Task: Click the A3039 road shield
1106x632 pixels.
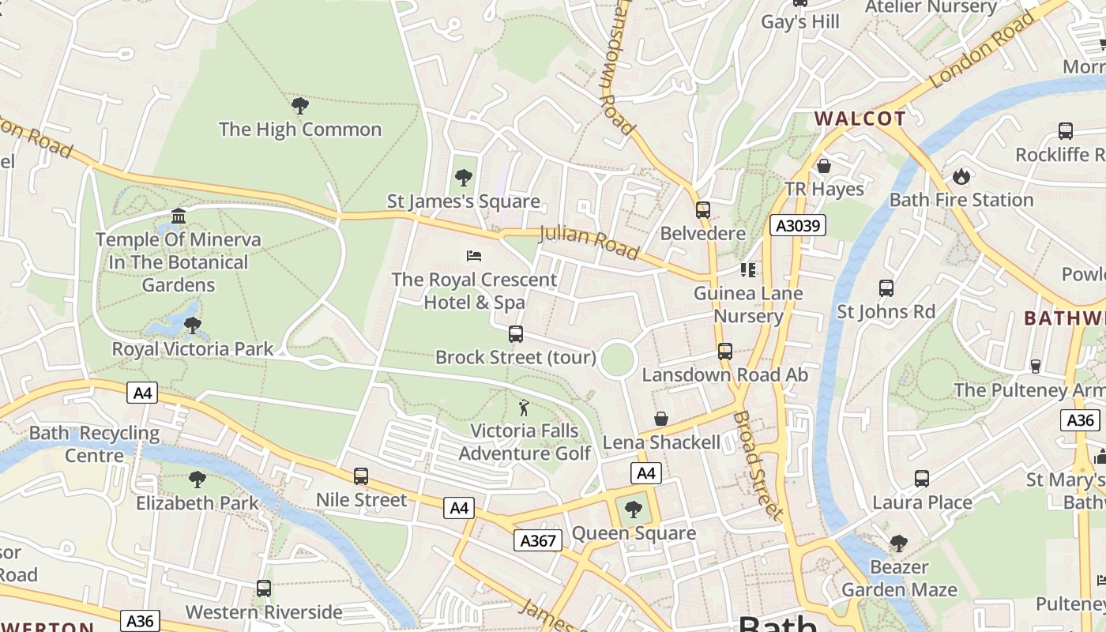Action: (798, 226)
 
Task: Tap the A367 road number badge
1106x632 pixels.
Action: (538, 540)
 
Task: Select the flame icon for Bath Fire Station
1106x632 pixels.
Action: (961, 176)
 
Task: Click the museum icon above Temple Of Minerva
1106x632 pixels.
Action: (179, 216)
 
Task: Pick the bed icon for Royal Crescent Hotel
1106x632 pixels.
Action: (474, 255)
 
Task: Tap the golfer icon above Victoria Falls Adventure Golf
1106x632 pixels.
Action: (524, 408)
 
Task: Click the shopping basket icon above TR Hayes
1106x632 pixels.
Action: (824, 166)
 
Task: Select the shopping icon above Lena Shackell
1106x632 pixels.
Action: (661, 419)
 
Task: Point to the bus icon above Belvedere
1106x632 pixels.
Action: (702, 209)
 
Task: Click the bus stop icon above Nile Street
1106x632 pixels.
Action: (361, 476)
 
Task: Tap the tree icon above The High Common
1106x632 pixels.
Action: (299, 105)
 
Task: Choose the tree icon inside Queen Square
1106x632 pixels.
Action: (633, 510)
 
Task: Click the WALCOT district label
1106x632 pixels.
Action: (860, 119)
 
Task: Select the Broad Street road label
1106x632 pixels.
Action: (758, 465)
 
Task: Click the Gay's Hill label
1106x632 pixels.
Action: (800, 22)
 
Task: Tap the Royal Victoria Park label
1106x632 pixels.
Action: (193, 349)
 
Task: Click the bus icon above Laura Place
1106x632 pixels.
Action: (921, 478)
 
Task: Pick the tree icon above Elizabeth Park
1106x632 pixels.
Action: (197, 479)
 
